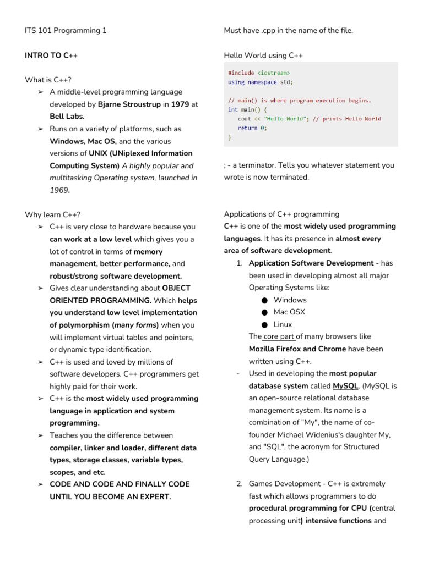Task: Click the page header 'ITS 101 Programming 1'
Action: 66,31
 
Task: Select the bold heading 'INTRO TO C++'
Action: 51,56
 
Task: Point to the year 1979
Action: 180,104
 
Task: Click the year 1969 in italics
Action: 60,190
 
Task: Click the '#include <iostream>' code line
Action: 259,73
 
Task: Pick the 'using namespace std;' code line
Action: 261,82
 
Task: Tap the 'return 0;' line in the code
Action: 252,128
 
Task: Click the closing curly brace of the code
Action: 230,137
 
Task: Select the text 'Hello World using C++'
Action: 263,56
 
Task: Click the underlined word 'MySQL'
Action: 345,386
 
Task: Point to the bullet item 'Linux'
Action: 283,325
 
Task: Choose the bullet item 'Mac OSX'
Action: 289,312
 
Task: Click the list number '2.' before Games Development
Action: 240,484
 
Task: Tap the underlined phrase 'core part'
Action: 279,337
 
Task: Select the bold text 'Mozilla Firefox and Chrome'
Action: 297,349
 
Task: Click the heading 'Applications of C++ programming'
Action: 281,214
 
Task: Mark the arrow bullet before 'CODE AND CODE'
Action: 40,484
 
